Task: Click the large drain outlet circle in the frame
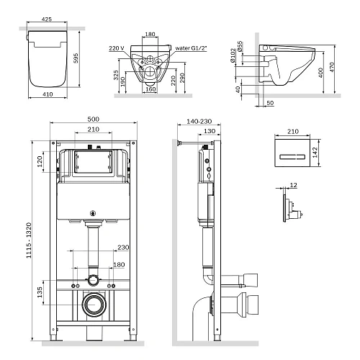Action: (x=94, y=305)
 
